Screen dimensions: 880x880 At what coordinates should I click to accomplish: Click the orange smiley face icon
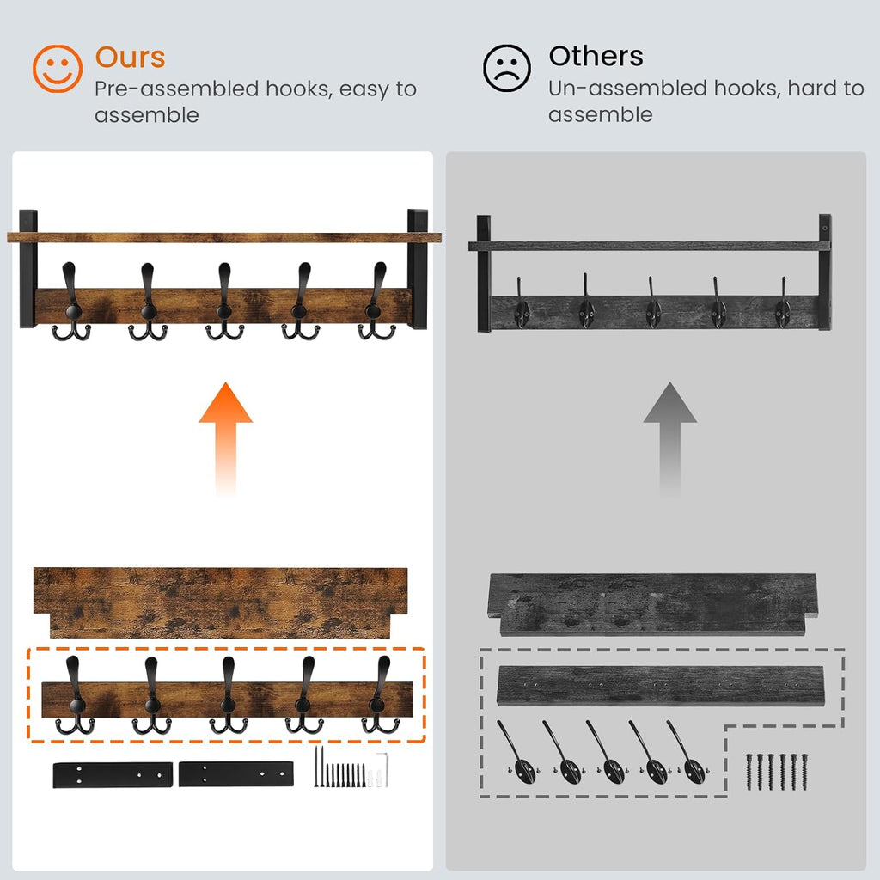pyautogui.click(x=58, y=69)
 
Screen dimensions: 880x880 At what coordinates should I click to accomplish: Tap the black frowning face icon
pyautogui.click(x=507, y=69)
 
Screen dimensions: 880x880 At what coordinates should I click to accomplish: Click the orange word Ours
pyautogui.click(x=131, y=58)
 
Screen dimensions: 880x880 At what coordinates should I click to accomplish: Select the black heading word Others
pyautogui.click(x=596, y=56)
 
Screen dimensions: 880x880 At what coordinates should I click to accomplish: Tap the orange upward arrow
pyautogui.click(x=226, y=438)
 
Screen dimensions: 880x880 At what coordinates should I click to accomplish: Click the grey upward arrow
pyautogui.click(x=669, y=438)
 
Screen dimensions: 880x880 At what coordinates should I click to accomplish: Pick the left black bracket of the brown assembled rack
pyautogui.click(x=28, y=268)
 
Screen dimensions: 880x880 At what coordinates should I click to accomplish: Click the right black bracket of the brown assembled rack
pyautogui.click(x=418, y=268)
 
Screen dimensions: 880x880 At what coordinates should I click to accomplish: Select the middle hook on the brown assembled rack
pyautogui.click(x=224, y=302)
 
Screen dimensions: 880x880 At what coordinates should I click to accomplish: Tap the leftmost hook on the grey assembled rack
pyautogui.click(x=522, y=304)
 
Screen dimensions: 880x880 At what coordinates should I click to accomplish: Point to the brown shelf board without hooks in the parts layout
pyautogui.click(x=221, y=602)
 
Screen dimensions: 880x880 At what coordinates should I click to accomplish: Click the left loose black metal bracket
pyautogui.click(x=113, y=774)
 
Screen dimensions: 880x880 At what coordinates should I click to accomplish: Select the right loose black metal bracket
pyautogui.click(x=236, y=774)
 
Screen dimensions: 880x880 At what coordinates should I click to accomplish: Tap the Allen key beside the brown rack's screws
pyautogui.click(x=384, y=769)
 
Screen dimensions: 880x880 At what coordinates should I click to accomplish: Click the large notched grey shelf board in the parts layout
pyautogui.click(x=653, y=604)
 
